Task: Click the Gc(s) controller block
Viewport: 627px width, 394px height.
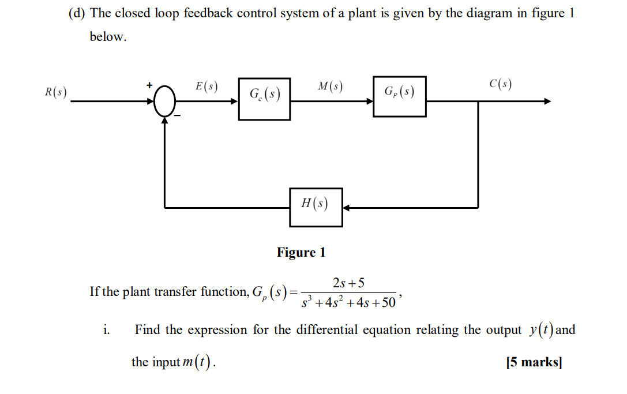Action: pyautogui.click(x=264, y=99)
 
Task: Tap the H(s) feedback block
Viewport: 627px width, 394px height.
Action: pyautogui.click(x=316, y=207)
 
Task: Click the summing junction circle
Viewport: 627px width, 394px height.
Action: pyautogui.click(x=165, y=102)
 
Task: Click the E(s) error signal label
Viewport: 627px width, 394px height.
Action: pyautogui.click(x=206, y=87)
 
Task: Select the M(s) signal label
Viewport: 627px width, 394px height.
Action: pyautogui.click(x=330, y=87)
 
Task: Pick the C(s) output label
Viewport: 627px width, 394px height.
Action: pyautogui.click(x=500, y=84)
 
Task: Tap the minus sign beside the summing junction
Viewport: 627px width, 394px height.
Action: pyautogui.click(x=178, y=116)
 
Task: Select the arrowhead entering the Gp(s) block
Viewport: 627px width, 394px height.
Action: pyautogui.click(x=369, y=102)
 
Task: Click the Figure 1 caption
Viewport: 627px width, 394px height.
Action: pyautogui.click(x=301, y=252)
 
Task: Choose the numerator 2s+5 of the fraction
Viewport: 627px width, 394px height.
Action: pyautogui.click(x=348, y=283)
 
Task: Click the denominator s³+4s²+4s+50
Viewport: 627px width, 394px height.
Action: pyautogui.click(x=348, y=302)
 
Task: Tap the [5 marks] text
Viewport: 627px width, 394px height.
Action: pyautogui.click(x=533, y=362)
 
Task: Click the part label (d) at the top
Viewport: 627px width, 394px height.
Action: pyautogui.click(x=77, y=14)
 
